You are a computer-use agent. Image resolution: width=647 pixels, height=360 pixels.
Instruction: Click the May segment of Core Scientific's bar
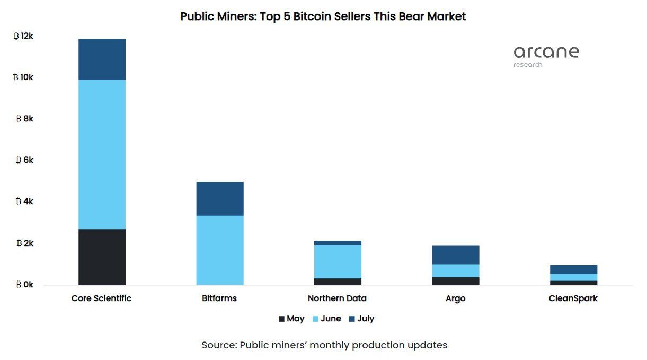click(102, 257)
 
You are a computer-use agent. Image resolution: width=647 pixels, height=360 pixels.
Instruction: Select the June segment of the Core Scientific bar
click(102, 154)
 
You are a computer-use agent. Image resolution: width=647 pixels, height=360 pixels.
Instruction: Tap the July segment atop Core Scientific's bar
click(102, 59)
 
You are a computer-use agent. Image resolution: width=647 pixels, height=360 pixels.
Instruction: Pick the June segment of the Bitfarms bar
click(220, 250)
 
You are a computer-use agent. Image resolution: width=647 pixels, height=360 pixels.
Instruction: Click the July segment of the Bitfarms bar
click(220, 199)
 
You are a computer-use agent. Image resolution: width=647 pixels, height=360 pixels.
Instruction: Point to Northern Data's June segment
click(338, 261)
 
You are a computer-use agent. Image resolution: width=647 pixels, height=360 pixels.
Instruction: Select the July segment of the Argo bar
click(456, 255)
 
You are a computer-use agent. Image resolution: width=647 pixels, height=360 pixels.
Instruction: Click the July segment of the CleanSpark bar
click(573, 269)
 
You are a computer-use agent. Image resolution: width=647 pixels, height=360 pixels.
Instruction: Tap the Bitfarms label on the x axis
click(219, 298)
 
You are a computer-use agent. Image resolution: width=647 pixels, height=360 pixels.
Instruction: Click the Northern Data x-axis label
click(337, 298)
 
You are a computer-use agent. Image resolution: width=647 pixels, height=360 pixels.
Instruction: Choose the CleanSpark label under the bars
click(573, 298)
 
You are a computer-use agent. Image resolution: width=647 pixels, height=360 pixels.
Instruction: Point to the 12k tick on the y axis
click(24, 36)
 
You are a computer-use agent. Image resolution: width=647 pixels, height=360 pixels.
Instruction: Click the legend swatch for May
click(281, 319)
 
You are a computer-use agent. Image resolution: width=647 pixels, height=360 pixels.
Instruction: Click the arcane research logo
click(546, 56)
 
